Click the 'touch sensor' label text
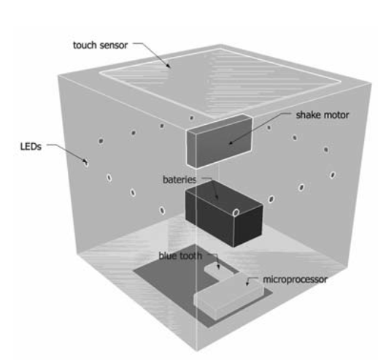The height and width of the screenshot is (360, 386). pyautogui.click(x=100, y=45)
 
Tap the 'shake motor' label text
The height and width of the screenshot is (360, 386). pyautogui.click(x=323, y=115)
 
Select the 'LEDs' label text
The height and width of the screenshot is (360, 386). pyautogui.click(x=31, y=147)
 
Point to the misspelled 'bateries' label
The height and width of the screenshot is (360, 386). pyautogui.click(x=180, y=180)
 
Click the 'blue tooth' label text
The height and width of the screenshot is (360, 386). pyautogui.click(x=180, y=256)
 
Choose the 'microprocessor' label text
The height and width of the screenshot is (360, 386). pyautogui.click(x=296, y=280)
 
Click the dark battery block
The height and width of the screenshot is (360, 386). pyautogui.click(x=223, y=213)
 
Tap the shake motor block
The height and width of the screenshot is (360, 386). pyautogui.click(x=219, y=141)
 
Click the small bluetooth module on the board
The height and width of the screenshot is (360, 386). pyautogui.click(x=218, y=271)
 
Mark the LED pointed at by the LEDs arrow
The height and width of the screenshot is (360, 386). pyautogui.click(x=86, y=163)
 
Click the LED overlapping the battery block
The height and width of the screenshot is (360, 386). pyautogui.click(x=236, y=212)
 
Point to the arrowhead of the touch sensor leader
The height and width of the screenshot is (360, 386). pyautogui.click(x=169, y=65)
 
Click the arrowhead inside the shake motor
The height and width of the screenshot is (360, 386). pyautogui.click(x=231, y=142)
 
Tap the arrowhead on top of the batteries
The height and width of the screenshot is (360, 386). pyautogui.click(x=217, y=196)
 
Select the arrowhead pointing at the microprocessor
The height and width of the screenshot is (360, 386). pyautogui.click(x=247, y=283)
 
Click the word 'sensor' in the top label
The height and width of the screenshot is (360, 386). pyautogui.click(x=114, y=45)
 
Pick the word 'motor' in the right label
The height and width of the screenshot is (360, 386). pyautogui.click(x=336, y=115)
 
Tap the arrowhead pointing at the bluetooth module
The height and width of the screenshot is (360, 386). pyautogui.click(x=218, y=267)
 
